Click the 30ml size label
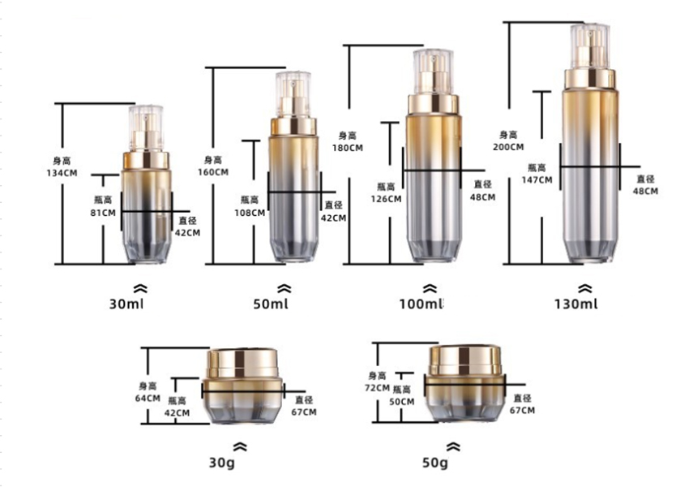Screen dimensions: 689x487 pyautogui.click(x=126, y=304)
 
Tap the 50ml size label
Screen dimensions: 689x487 pyautogui.click(x=271, y=304)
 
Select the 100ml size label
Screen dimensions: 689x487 pyautogui.click(x=422, y=304)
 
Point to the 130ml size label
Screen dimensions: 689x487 pyautogui.click(x=576, y=304)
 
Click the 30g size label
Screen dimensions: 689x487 pyautogui.click(x=221, y=463)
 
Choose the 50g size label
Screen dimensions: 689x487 pyautogui.click(x=435, y=463)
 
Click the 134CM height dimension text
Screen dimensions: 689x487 pyautogui.click(x=62, y=173)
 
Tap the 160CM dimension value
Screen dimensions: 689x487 pyautogui.click(x=213, y=172)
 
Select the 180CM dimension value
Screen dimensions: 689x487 pyautogui.click(x=348, y=148)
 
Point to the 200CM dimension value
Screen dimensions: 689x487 pyautogui.click(x=508, y=147)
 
